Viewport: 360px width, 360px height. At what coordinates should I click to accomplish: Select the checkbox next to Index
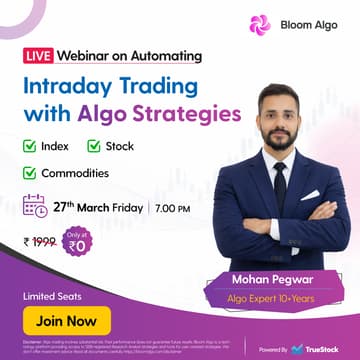[x=30, y=147]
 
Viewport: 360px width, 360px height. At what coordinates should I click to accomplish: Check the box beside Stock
[x=94, y=147]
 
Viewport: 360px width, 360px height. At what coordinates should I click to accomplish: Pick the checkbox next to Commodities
[x=30, y=173]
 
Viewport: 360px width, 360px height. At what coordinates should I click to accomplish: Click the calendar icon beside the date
[x=34, y=207]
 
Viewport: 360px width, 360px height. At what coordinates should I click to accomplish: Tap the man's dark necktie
[x=280, y=185]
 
